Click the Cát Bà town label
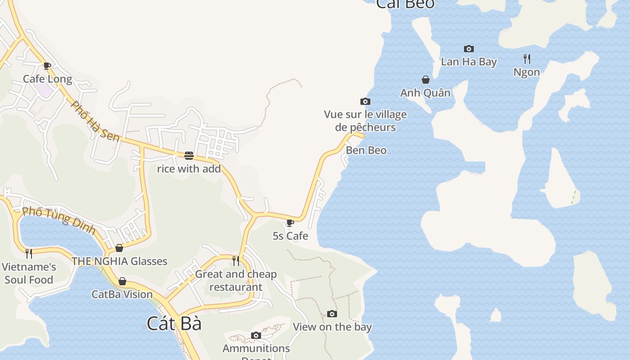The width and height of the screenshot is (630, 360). tap(174, 324)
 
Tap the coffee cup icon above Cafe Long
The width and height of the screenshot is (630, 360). tap(47, 66)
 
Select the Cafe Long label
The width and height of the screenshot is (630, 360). tap(47, 79)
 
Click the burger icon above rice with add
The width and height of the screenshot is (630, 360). tap(189, 156)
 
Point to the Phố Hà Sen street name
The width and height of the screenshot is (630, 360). tap(95, 121)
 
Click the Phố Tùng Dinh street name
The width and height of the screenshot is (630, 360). tap(59, 220)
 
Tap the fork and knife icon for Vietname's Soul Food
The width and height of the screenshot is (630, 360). tap(29, 254)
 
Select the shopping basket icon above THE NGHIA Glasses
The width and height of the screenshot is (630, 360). tap(119, 248)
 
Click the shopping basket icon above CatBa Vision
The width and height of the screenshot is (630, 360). tap(122, 282)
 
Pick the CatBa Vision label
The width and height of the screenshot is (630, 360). tap(122, 294)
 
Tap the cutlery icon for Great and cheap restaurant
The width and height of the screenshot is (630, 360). tap(236, 261)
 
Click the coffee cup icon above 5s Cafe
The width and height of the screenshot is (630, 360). tap(290, 223)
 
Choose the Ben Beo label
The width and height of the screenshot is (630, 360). tap(366, 150)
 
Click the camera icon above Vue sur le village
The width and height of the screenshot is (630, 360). tap(365, 102)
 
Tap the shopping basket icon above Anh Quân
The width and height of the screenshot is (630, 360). tap(426, 80)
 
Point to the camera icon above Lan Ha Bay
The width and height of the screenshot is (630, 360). tap(468, 49)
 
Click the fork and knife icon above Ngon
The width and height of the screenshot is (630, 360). tap(527, 58)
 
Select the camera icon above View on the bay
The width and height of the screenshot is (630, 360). tap(332, 314)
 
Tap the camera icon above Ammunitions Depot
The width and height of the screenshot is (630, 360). tap(256, 335)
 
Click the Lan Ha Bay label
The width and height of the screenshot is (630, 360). tap(468, 62)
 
